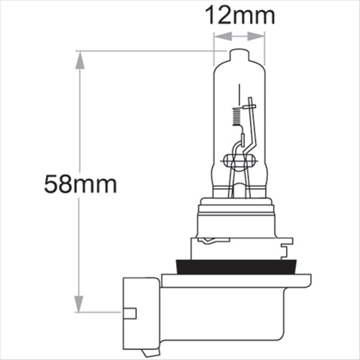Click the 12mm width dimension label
coord(239,14)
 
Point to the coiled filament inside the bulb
coord(237,115)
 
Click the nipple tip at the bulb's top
coord(239,52)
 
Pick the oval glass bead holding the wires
coord(237,160)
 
